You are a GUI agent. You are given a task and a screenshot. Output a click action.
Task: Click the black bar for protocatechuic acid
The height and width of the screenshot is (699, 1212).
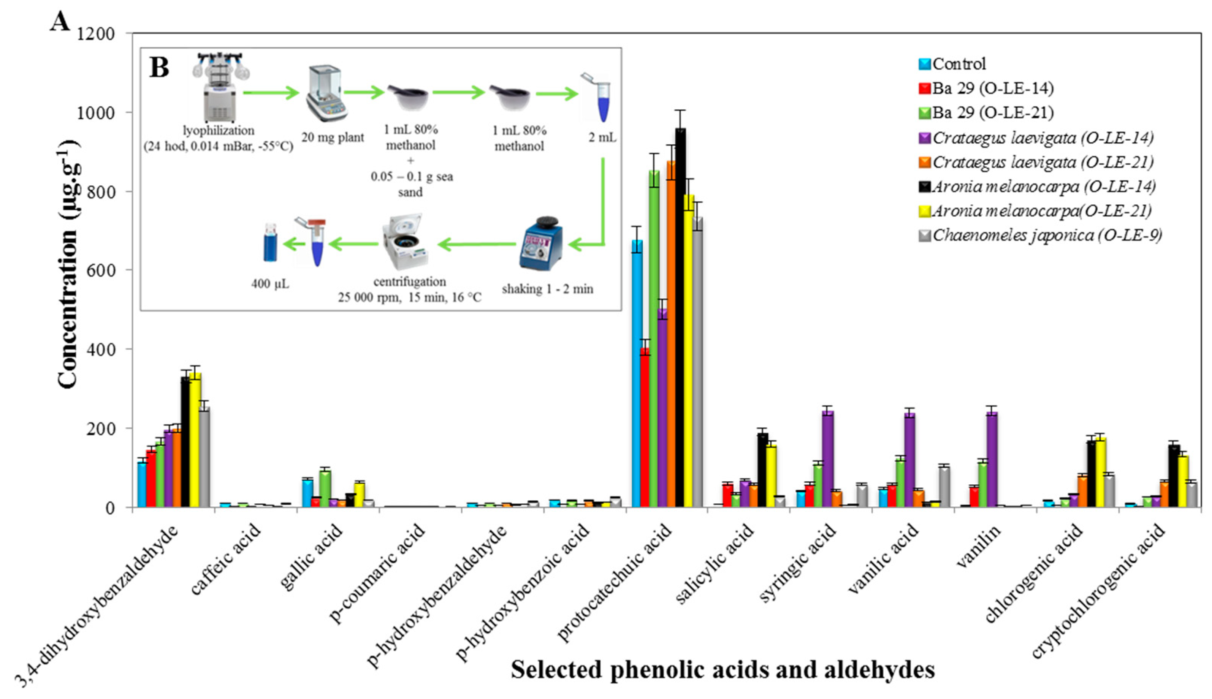pos(680,317)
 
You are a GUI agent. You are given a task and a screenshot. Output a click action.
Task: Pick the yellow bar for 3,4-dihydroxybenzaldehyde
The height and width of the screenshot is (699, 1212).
pos(195,439)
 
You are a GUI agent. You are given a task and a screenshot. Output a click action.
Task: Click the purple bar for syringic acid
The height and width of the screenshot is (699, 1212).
pos(827,459)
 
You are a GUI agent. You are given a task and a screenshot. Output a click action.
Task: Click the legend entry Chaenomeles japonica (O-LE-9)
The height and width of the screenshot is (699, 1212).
pos(1039,236)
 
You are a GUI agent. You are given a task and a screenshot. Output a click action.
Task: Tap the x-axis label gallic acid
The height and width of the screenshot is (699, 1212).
pos(311,557)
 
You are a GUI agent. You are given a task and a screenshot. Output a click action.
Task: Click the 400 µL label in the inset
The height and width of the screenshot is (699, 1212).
pos(270,284)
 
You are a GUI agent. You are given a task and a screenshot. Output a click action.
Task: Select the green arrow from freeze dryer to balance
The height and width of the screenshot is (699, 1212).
pos(271,92)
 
